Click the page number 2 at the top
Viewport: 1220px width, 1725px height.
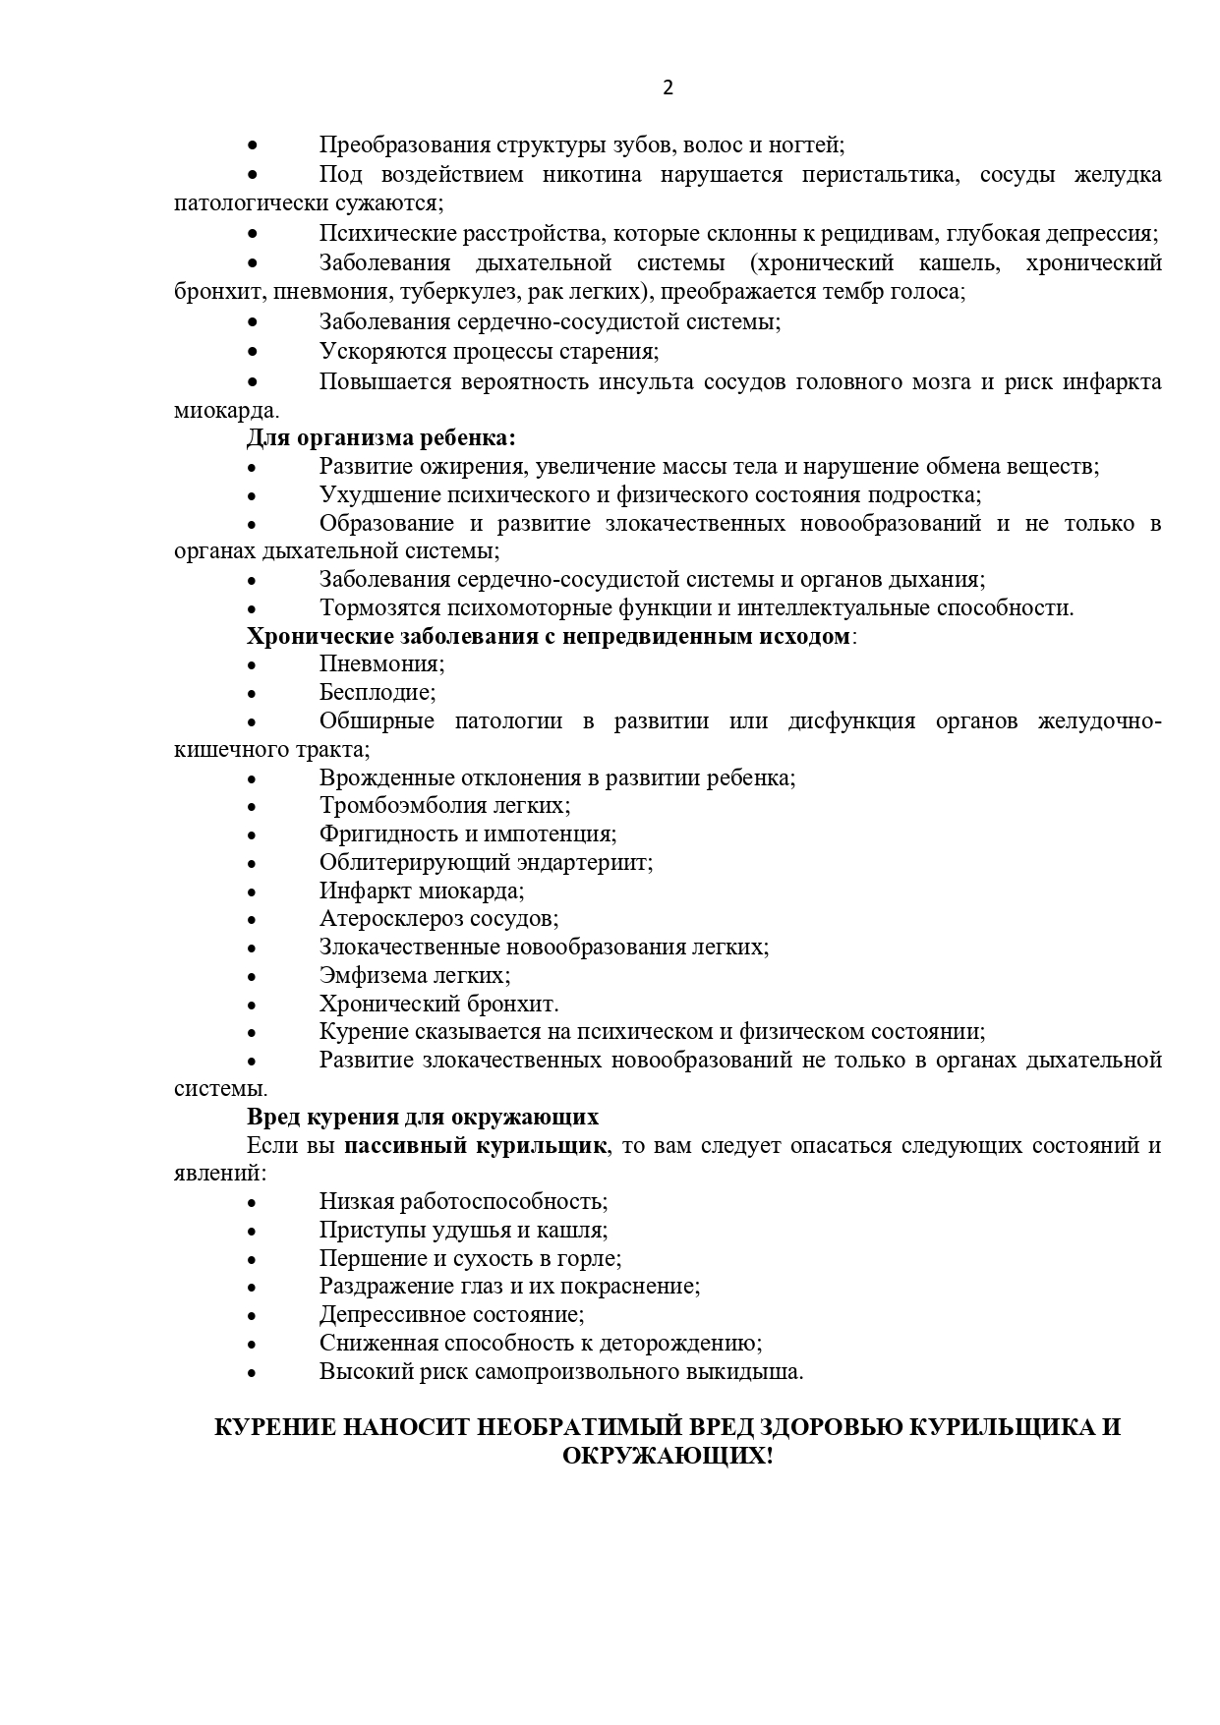(x=668, y=87)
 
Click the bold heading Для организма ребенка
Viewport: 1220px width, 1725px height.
(x=381, y=438)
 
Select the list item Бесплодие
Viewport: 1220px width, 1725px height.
(x=377, y=692)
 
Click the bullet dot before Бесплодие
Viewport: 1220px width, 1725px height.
(x=253, y=693)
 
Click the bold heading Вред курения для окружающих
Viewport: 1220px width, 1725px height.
(x=423, y=1118)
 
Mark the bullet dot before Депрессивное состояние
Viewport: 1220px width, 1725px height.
(x=253, y=1316)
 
